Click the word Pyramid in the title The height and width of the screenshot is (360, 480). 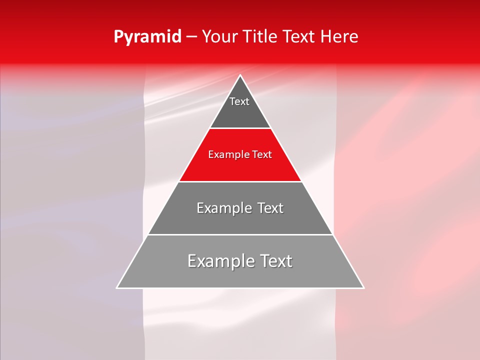click(147, 37)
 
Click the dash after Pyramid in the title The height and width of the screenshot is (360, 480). click(191, 37)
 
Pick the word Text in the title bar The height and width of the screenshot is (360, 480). click(299, 37)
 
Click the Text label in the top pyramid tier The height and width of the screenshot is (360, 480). click(239, 101)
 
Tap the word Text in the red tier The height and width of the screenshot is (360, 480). click(262, 155)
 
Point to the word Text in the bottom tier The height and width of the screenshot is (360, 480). click(274, 261)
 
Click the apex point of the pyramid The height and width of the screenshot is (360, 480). click(240, 75)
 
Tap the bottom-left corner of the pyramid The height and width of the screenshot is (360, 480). click(117, 287)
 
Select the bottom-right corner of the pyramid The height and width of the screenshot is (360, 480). click(363, 287)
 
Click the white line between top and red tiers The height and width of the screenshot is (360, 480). click(240, 128)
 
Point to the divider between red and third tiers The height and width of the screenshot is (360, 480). click(240, 181)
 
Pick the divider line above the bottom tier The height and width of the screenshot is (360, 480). click(240, 234)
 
